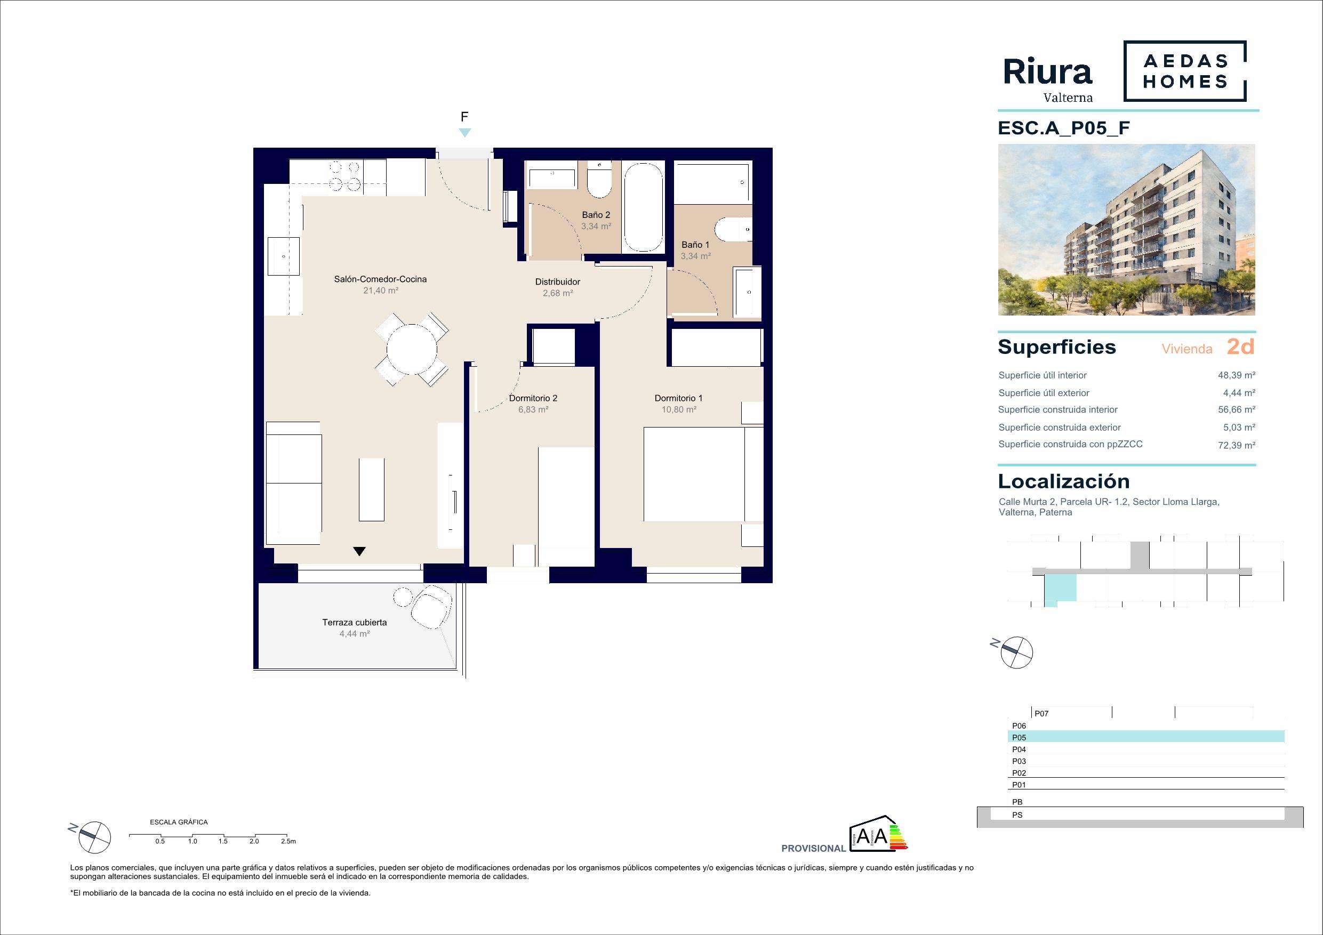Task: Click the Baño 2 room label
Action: pyautogui.click(x=596, y=215)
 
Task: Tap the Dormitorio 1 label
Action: pyautogui.click(x=678, y=398)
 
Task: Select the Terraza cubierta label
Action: pyautogui.click(x=355, y=622)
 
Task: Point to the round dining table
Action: pyautogui.click(x=412, y=349)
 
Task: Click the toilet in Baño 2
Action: pyautogui.click(x=599, y=180)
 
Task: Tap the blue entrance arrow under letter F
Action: pyautogui.click(x=465, y=133)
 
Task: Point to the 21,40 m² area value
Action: pyautogui.click(x=380, y=291)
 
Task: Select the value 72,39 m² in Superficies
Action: pyautogui.click(x=1237, y=445)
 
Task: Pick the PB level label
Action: pyautogui.click(x=1017, y=802)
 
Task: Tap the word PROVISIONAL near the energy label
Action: pyautogui.click(x=813, y=849)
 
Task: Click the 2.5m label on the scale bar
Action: pyautogui.click(x=288, y=841)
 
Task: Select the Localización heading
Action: pyautogui.click(x=1064, y=481)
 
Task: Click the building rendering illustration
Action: pyautogui.click(x=1127, y=230)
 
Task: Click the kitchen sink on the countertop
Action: pyautogui.click(x=284, y=256)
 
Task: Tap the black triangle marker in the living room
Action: pyautogui.click(x=359, y=551)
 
